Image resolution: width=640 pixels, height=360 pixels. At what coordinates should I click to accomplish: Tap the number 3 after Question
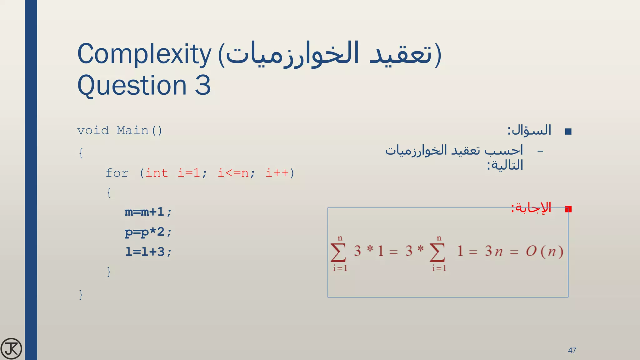coord(203,85)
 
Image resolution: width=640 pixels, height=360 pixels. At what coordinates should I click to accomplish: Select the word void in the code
coord(93,131)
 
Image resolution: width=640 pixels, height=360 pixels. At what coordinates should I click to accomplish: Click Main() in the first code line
coord(139,131)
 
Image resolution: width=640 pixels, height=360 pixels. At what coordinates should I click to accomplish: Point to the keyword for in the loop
coord(117,173)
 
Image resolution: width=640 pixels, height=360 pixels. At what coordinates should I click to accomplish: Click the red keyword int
coord(157,173)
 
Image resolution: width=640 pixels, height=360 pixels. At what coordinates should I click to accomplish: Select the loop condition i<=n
coord(233,173)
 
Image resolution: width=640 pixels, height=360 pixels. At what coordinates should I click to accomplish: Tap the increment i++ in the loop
coord(277,173)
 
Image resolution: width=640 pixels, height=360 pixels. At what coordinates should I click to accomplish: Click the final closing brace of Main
coord(81,294)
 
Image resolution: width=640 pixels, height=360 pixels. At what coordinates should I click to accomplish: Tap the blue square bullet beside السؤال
coord(568,132)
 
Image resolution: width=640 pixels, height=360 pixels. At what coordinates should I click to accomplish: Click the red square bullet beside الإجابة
coord(568,209)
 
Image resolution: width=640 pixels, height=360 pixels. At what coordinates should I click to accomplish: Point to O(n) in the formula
coord(544,252)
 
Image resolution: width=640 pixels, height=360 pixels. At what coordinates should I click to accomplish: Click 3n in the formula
coord(494,252)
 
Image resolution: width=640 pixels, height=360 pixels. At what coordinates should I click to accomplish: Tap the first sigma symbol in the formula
coord(338,252)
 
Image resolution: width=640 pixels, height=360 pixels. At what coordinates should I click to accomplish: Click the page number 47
coord(572,350)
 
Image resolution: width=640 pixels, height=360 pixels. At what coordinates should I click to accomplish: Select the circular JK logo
coord(11,348)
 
